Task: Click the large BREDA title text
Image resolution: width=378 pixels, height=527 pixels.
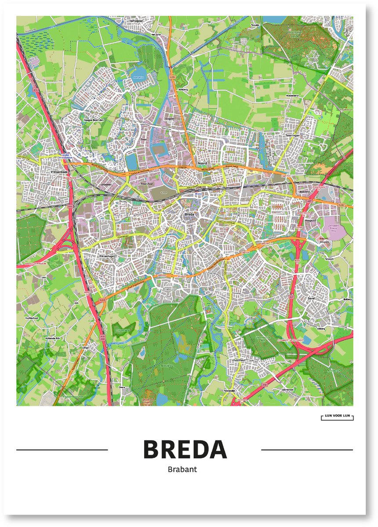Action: pyautogui.click(x=185, y=449)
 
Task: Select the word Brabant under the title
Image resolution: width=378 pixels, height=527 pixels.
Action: pyautogui.click(x=182, y=469)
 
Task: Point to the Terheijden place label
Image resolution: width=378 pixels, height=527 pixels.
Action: pyautogui.click(x=137, y=21)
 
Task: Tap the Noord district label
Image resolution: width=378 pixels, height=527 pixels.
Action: pyautogui.click(x=202, y=163)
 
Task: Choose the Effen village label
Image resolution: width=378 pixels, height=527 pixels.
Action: pyautogui.click(x=85, y=347)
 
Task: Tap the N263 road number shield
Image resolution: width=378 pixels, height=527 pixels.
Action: pyautogui.click(x=102, y=300)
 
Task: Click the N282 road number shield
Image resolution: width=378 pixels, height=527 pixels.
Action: pyautogui.click(x=343, y=205)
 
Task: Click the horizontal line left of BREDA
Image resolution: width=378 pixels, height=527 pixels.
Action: pyautogui.click(x=62, y=450)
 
